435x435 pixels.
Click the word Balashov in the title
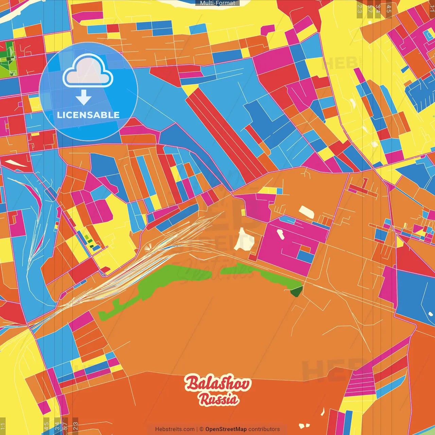click(x=218, y=383)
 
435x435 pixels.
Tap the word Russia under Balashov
click(x=219, y=399)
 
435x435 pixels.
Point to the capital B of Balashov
click(x=192, y=383)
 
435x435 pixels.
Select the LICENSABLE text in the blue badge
click(x=88, y=115)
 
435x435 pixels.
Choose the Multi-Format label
click(x=217, y=3)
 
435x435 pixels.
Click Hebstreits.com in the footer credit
click(x=175, y=429)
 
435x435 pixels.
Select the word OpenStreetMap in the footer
click(x=226, y=429)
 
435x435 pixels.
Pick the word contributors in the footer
click(x=264, y=429)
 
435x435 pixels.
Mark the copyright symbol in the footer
click(x=201, y=429)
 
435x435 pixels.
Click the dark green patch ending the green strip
click(x=296, y=291)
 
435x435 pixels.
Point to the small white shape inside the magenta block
click(x=280, y=234)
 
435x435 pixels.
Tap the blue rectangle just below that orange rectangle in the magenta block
click(x=306, y=257)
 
